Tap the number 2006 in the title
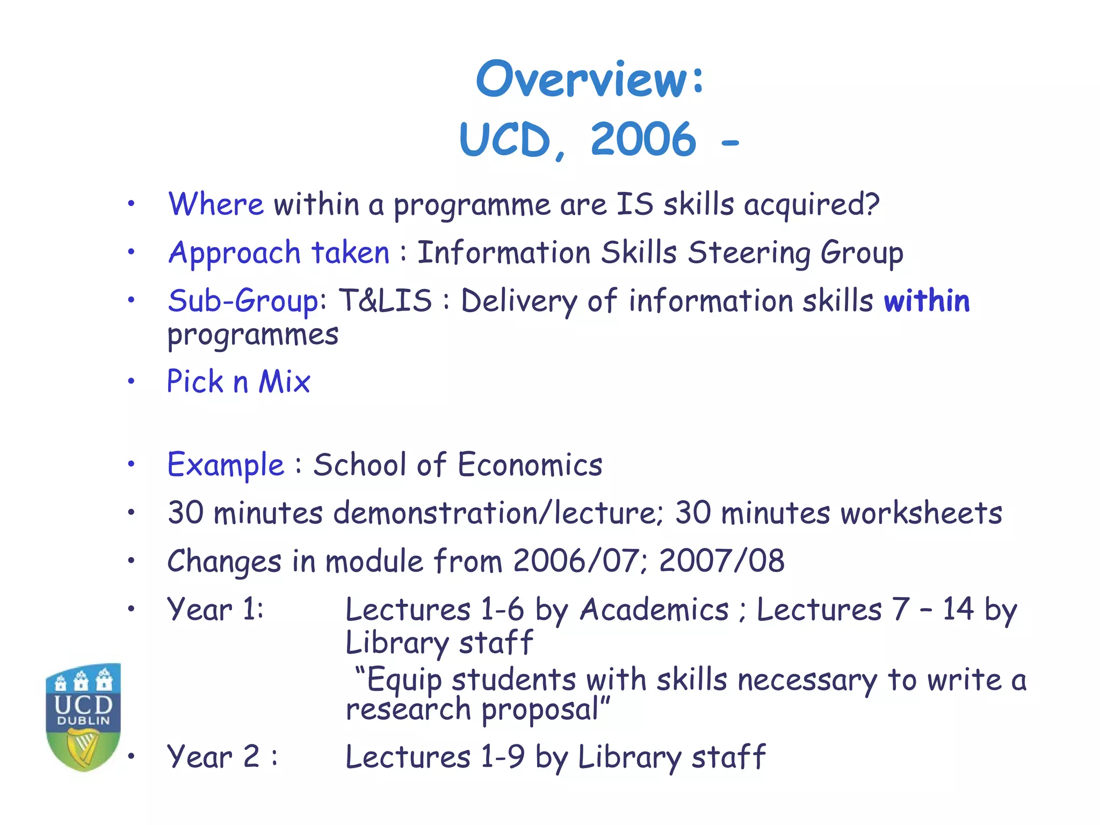643,140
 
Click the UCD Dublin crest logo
83,717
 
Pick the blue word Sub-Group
243,301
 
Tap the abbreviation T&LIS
385,301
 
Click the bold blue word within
927,301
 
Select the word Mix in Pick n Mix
285,382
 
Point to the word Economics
530,465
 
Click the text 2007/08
721,561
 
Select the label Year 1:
215,610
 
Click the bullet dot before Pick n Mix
131,382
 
